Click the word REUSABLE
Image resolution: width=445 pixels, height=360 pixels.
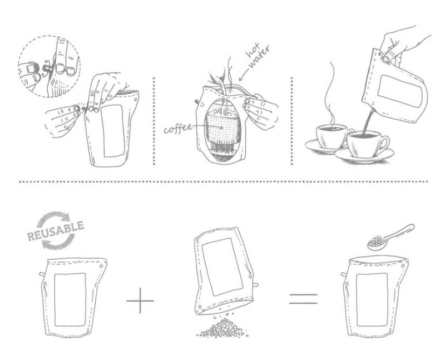coord(56,230)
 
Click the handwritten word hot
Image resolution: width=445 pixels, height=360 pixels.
coord(253,50)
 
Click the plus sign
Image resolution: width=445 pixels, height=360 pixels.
coord(140,300)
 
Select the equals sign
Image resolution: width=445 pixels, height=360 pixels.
coord(303,299)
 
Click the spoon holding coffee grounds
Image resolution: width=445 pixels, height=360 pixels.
coord(390,238)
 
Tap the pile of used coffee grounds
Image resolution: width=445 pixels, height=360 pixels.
coord(222,328)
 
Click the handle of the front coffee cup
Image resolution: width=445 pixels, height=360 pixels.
coord(384,143)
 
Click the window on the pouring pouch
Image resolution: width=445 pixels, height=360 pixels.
coord(400,91)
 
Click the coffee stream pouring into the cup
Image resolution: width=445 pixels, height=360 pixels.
coord(368,121)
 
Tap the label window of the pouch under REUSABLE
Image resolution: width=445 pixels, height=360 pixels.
coord(70,300)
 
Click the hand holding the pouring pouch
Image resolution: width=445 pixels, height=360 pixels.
coord(403,46)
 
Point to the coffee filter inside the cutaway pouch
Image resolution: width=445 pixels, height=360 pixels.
coord(223,128)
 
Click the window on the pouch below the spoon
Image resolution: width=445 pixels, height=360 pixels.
coord(372,300)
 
